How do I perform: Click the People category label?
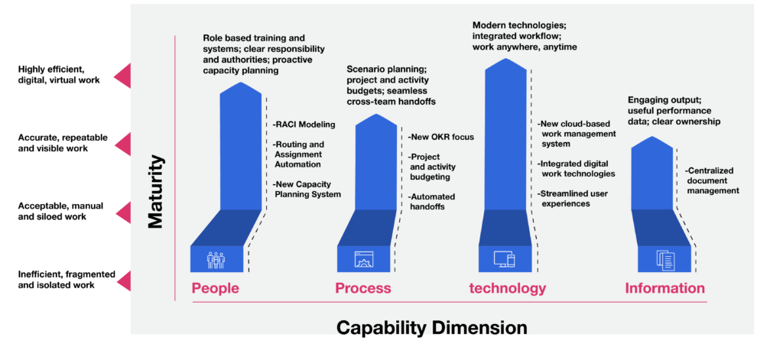pyautogui.click(x=215, y=288)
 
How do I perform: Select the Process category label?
pyautogui.click(x=362, y=288)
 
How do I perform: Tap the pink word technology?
pyautogui.click(x=507, y=288)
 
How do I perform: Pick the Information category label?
pyautogui.click(x=664, y=288)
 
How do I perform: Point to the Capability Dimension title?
pyautogui.click(x=431, y=328)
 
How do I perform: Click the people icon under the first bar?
pyautogui.click(x=216, y=260)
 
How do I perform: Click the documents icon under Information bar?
pyautogui.click(x=664, y=260)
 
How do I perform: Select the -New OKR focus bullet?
pyautogui.click(x=441, y=137)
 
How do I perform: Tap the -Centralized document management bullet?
pyautogui.click(x=712, y=180)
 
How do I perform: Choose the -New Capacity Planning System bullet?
pyautogui.click(x=307, y=189)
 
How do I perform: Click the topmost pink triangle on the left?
pyautogui.click(x=122, y=76)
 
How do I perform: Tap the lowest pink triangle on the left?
pyautogui.click(x=124, y=282)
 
